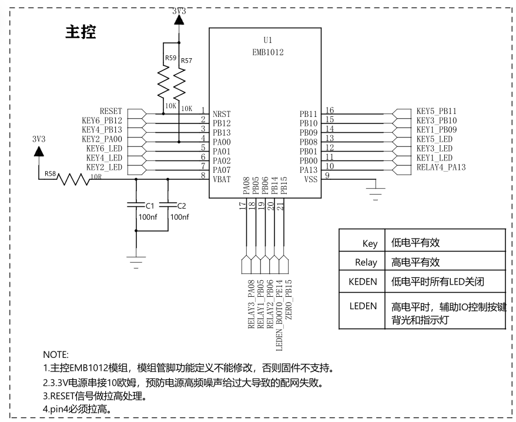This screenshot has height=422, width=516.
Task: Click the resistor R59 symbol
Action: tap(163, 82)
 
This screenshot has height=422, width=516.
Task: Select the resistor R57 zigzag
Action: tap(179, 83)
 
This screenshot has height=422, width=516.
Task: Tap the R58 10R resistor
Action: tap(73, 179)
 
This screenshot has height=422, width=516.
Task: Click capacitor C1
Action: tap(136, 205)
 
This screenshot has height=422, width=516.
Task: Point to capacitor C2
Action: tap(168, 205)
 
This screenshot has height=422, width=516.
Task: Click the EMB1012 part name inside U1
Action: tap(267, 52)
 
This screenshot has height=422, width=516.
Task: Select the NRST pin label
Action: tap(222, 114)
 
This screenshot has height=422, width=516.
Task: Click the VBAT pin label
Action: tap(222, 179)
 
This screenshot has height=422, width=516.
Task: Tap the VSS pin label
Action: tap(311, 179)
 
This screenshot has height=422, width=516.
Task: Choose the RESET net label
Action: tap(111, 111)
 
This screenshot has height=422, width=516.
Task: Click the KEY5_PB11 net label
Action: tap(436, 111)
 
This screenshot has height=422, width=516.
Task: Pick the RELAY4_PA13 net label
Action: tap(441, 168)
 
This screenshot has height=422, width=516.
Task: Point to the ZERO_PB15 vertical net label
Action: tap(289, 300)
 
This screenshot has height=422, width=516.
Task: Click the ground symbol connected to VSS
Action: tap(376, 193)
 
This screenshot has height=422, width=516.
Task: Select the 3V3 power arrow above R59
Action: tap(179, 20)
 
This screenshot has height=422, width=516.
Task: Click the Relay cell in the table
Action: tap(366, 262)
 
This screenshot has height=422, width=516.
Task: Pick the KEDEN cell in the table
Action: tap(363, 282)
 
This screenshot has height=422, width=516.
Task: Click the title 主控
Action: tap(81, 32)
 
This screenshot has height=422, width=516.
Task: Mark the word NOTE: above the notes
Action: tap(56, 355)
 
